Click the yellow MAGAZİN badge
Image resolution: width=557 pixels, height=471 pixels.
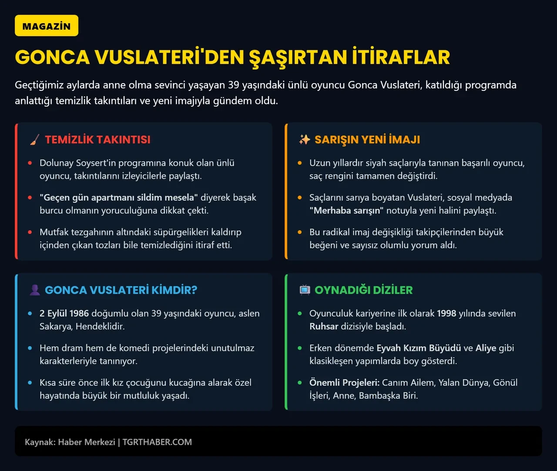point(47,26)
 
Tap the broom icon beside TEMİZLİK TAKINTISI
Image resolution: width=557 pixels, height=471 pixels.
point(34,140)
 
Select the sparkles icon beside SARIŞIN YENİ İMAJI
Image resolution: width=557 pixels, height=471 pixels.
point(304,140)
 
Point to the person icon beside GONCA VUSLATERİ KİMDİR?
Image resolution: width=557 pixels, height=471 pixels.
point(34,290)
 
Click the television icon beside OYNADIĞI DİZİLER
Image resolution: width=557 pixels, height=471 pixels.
point(305,290)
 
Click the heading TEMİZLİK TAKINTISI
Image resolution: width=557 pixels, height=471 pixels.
point(97,140)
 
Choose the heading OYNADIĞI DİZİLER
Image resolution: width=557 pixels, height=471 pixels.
point(363,290)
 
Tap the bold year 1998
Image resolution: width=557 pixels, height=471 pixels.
point(446,314)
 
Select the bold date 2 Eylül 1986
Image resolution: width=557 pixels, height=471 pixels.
point(64,314)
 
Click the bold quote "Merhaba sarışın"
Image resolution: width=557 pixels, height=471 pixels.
point(346,210)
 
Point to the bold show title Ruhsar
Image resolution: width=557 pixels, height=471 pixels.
point(324,327)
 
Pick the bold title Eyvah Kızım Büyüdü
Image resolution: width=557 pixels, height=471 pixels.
point(419,348)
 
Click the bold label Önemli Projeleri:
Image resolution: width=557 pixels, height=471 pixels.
point(344,383)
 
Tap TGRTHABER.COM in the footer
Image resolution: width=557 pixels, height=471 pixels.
point(157,442)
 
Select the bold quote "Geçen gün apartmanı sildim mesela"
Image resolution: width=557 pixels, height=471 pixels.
point(119,197)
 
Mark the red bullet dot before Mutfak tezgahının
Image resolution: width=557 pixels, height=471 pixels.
point(30,232)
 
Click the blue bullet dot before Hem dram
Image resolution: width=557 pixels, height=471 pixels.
point(30,348)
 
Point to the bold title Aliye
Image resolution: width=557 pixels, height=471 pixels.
point(486,348)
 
